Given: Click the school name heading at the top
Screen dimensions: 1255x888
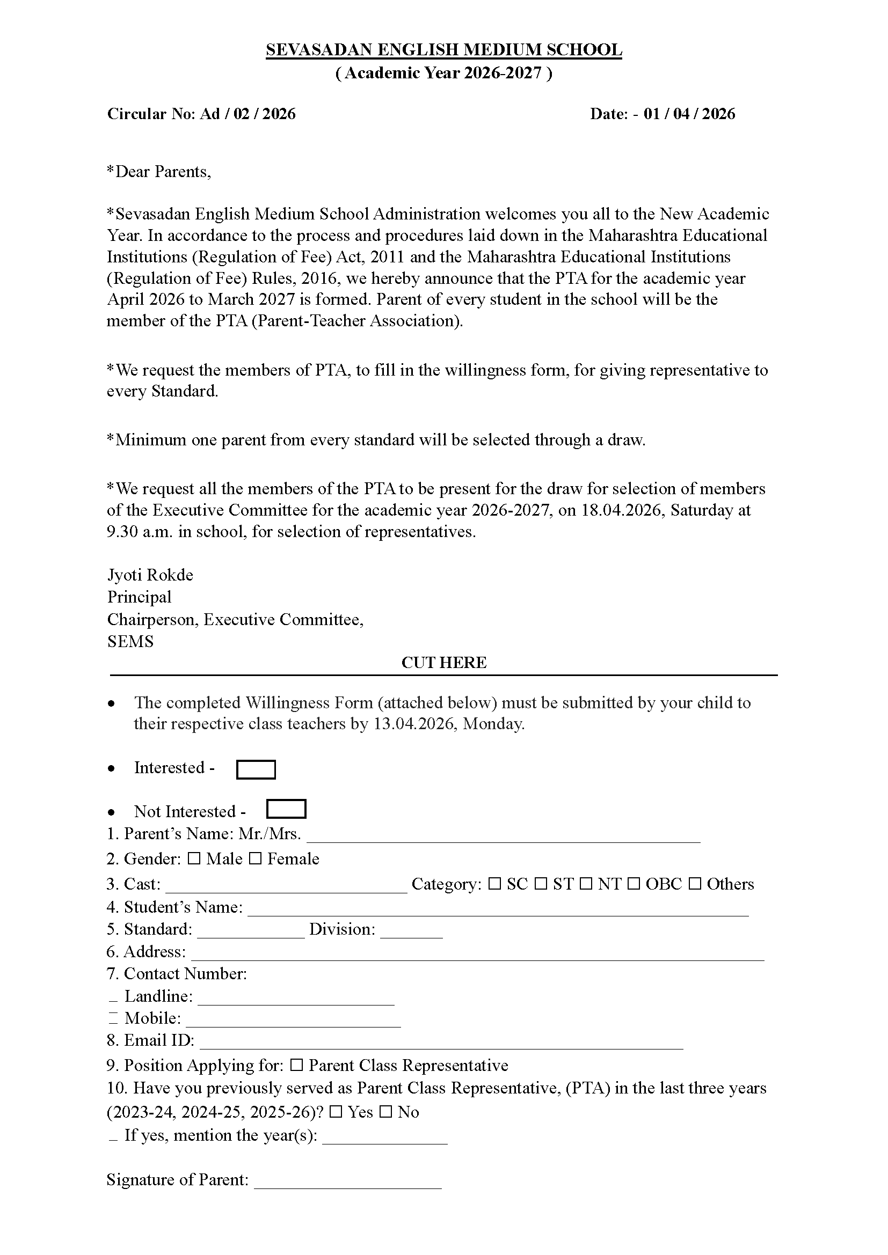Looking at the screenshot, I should pyautogui.click(x=443, y=50).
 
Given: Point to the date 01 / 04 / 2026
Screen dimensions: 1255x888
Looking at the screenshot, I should pyautogui.click(x=689, y=114).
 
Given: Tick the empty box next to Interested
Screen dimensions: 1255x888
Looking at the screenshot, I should pyautogui.click(x=256, y=769).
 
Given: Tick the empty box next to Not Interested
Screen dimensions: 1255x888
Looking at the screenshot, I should pyautogui.click(x=286, y=809).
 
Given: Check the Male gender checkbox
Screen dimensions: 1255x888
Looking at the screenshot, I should pyautogui.click(x=194, y=859).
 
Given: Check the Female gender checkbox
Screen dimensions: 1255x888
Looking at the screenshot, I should pyautogui.click(x=255, y=859).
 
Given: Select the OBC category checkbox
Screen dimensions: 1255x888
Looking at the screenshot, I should pyautogui.click(x=634, y=884).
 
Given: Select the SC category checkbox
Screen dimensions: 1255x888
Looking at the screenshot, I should pyautogui.click(x=494, y=884).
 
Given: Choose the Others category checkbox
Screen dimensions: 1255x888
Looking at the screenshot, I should pyautogui.click(x=694, y=884).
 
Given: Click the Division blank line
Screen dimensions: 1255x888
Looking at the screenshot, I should pyautogui.click(x=411, y=934).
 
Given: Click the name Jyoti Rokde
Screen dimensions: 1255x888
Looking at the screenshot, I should pyautogui.click(x=150, y=575).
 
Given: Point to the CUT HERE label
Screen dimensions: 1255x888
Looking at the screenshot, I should pyautogui.click(x=443, y=663).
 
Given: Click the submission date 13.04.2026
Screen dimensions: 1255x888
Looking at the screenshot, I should pyautogui.click(x=416, y=724).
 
